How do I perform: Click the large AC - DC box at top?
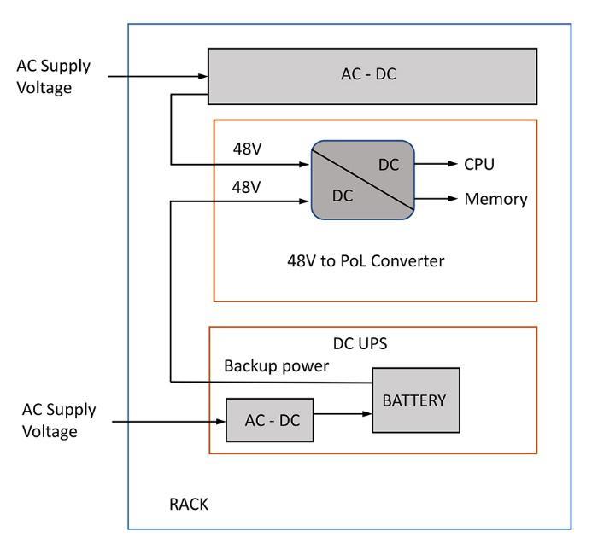click(372, 75)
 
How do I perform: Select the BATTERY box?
click(415, 400)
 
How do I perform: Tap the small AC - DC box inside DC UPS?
click(270, 420)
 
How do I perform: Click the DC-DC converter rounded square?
click(362, 179)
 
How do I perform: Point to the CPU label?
click(478, 164)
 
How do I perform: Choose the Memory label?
click(495, 199)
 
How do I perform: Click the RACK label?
click(189, 504)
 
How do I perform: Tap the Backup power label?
click(276, 365)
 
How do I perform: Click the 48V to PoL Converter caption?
click(365, 260)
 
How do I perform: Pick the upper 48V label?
click(247, 149)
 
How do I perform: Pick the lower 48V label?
click(247, 187)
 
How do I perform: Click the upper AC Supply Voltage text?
click(53, 76)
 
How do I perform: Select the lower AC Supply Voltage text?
click(59, 420)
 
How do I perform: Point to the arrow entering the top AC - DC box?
click(158, 76)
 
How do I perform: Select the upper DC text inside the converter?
click(389, 165)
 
